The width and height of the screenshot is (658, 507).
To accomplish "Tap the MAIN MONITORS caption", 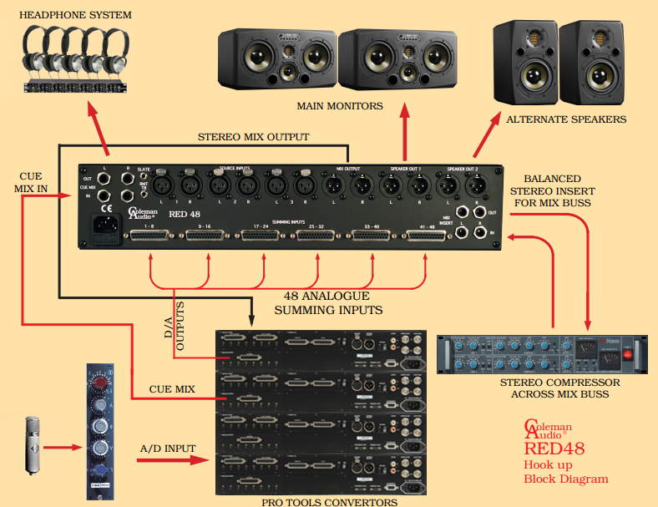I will pyautogui.click(x=340, y=106).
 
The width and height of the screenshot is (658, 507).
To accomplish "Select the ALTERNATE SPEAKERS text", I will pyautogui.click(x=566, y=119).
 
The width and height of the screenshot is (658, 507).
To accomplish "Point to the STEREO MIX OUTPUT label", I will pyautogui.click(x=253, y=136).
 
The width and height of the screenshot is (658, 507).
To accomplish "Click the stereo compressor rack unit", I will pyautogui.click(x=540, y=355).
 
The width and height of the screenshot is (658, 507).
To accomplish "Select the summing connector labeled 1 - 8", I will pyautogui.click(x=149, y=237).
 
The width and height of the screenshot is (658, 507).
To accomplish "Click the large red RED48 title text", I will pyautogui.click(x=554, y=449).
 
